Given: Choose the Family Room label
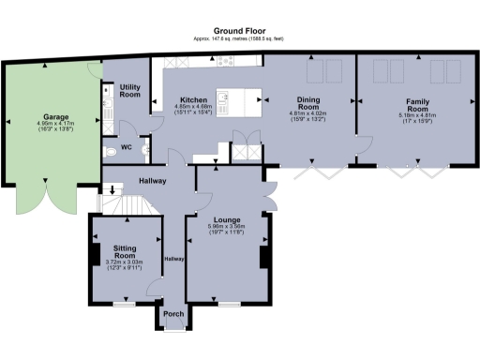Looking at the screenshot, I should [417, 102].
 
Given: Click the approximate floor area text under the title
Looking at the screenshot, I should [239, 39].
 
